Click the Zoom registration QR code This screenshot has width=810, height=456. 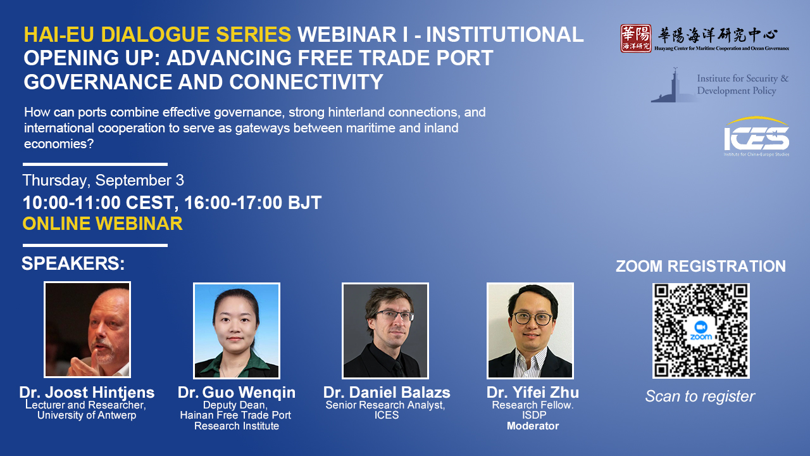pos(701,331)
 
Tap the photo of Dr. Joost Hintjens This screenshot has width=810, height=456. pos(87,330)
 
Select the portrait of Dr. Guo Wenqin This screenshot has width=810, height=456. pos(237,331)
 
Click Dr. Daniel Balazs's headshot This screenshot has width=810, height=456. pos(385,331)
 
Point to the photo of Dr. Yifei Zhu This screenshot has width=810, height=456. pos(530,331)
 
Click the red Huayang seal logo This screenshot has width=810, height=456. pos(636,39)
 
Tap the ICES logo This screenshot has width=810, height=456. pos(756,136)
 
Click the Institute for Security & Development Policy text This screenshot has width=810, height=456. pos(743,84)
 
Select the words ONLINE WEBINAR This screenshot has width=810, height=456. pos(103,224)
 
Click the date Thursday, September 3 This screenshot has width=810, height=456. pos(103,180)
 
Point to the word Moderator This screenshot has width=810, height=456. pos(533,426)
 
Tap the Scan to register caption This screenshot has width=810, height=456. pos(700,396)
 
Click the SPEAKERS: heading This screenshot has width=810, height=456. pos(73,263)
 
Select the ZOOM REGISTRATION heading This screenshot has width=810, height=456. pos(701,267)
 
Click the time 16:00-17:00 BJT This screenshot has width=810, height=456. pos(252,203)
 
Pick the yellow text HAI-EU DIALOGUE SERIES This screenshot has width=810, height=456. pos(158,34)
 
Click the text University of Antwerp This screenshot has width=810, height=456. pos(87,415)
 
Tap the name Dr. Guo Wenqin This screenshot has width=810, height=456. pos(237,393)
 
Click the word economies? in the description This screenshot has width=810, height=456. pos(59,144)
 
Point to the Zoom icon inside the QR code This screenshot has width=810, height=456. pos(701,330)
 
